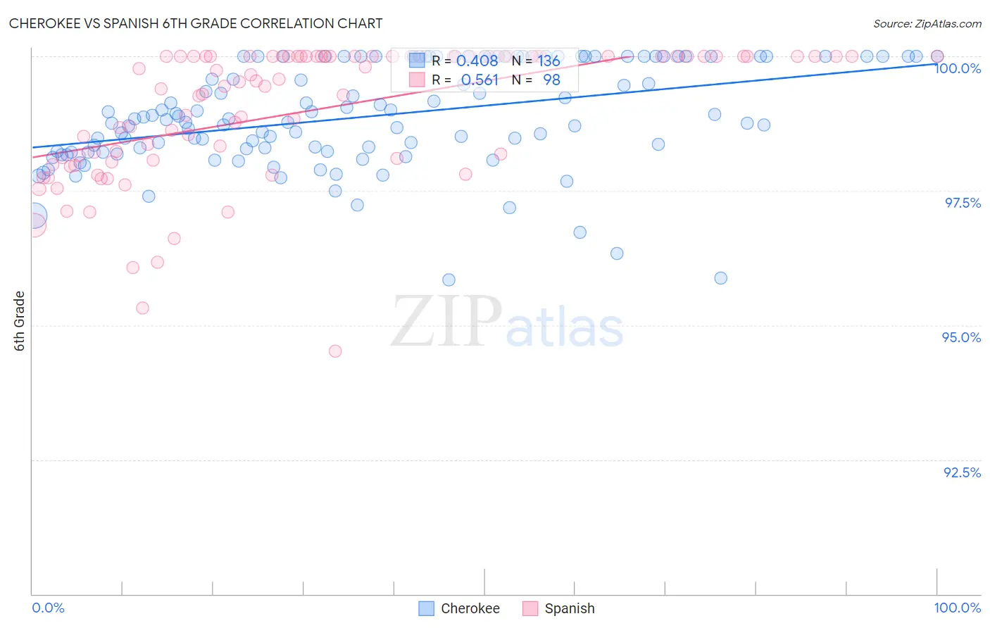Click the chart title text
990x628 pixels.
196,23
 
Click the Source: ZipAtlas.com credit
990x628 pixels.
927,23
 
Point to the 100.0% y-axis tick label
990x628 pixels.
958,68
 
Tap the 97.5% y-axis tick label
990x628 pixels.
963,203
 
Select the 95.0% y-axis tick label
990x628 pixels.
961,337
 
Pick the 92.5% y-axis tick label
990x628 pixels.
962,472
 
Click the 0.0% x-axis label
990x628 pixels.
48,608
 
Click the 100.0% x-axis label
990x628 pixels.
957,608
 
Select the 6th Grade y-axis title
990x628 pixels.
20,320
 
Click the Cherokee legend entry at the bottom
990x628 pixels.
459,608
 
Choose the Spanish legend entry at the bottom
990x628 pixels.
559,608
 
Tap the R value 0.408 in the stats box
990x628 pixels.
477,61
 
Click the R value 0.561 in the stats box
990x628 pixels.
480,80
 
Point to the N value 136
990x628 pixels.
549,61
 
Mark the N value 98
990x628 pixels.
551,80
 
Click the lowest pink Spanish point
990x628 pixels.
335,351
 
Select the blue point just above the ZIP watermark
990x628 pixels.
449,280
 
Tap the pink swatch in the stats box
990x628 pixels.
417,80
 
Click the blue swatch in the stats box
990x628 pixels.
417,60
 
